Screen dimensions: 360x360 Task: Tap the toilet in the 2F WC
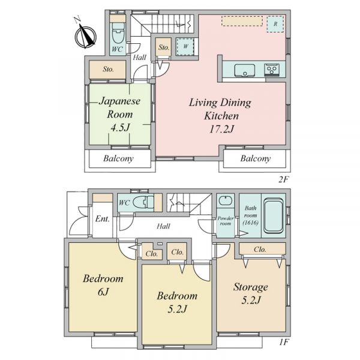tap(118, 34)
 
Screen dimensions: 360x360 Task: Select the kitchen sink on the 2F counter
tap(245, 70)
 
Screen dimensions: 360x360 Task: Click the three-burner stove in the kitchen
tap(272, 70)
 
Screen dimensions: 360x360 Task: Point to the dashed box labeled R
tap(275, 24)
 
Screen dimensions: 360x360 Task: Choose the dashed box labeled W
tap(185, 47)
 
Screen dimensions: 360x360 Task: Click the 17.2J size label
tap(221, 129)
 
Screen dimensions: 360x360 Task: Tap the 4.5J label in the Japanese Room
tap(121, 128)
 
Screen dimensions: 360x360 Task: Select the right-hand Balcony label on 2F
tap(256, 158)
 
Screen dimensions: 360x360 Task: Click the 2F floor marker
tap(283, 179)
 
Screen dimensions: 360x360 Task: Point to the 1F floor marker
tap(284, 342)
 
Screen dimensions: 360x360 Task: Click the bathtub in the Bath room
tap(273, 215)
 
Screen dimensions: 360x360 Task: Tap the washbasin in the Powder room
tap(225, 201)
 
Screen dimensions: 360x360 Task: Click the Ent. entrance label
tap(103, 219)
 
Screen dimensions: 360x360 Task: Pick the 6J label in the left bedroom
tap(103, 292)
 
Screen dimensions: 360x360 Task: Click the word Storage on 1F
tap(251, 287)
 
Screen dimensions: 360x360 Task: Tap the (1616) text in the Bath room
tap(250, 223)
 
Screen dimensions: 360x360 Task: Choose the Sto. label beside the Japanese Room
tap(108, 69)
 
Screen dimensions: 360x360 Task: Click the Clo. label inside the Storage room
tap(260, 250)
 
